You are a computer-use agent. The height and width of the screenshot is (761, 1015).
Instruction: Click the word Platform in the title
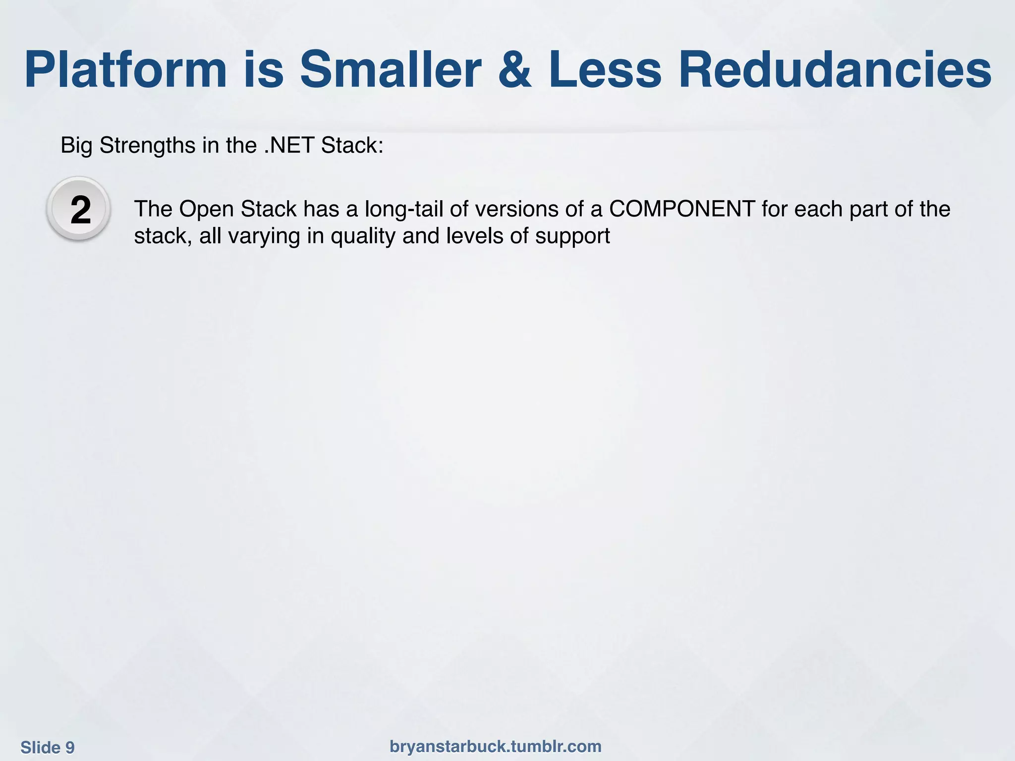click(125, 70)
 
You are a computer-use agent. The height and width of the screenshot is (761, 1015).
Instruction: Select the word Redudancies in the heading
click(835, 70)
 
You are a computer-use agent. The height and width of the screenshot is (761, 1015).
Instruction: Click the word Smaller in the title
click(391, 70)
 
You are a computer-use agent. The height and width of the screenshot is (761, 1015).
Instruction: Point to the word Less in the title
click(605, 70)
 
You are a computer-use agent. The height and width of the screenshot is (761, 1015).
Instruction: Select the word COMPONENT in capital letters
click(682, 209)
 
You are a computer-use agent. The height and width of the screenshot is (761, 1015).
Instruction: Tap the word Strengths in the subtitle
click(147, 146)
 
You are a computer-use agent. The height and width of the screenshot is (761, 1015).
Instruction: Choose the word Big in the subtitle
click(76, 146)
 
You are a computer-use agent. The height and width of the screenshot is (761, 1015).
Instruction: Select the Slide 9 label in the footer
click(48, 747)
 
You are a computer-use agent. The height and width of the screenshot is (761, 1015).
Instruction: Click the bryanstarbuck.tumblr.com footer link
click(496, 746)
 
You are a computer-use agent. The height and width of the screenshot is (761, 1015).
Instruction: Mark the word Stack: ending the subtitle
click(352, 146)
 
